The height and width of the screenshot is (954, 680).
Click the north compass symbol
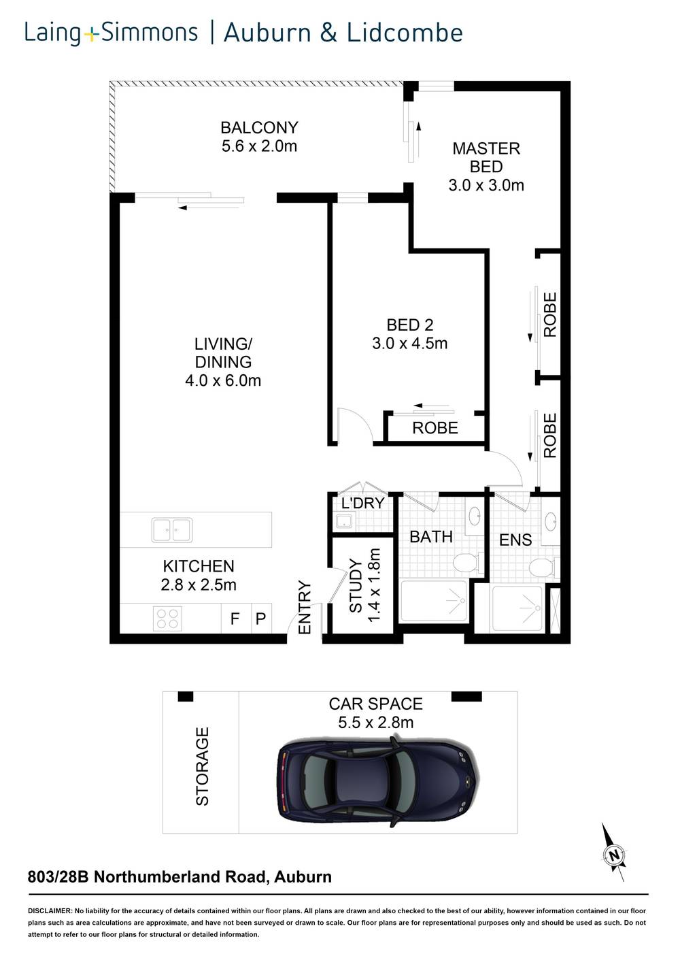(614, 854)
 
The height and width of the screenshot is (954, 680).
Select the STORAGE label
(202, 766)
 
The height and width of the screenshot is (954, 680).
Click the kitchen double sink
(172, 529)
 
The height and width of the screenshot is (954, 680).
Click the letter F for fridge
(235, 619)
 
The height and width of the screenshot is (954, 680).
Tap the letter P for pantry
(260, 619)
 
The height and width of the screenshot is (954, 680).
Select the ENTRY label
(304, 608)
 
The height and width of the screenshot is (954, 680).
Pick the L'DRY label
(362, 504)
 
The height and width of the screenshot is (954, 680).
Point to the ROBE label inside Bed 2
(435, 428)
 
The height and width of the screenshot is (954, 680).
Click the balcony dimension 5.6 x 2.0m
(259, 146)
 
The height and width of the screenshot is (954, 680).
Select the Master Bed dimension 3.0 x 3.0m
(486, 185)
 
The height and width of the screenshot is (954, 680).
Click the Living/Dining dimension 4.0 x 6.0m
(223, 380)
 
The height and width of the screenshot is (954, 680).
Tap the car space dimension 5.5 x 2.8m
(375, 722)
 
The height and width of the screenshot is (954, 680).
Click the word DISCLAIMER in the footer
(50, 910)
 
